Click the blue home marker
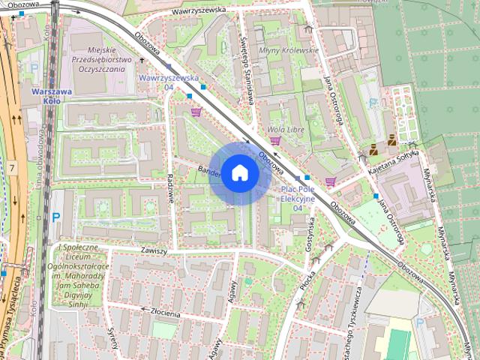click(238, 172)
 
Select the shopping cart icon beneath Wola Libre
click(275, 140)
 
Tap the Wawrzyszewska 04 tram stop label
click(169, 82)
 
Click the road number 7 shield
click(13, 166)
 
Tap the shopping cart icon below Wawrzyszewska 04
click(196, 112)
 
